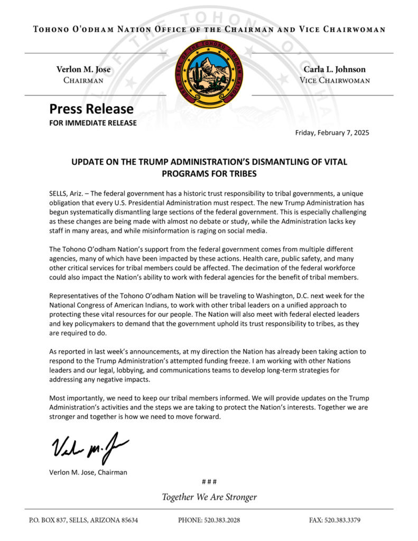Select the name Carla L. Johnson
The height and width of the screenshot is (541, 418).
pos(335,69)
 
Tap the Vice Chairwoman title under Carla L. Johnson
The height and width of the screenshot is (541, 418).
pos(335,81)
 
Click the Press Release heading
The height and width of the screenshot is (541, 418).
pos(91,109)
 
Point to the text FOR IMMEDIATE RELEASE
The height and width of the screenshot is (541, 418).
pos(93,123)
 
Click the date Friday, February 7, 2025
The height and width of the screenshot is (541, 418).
pos(332,133)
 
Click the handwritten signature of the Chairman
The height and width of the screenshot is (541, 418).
pos(89,447)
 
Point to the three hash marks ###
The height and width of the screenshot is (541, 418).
pos(209,482)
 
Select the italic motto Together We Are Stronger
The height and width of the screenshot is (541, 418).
pos(209,497)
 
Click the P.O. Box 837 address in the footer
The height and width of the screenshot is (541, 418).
pos(83,520)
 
